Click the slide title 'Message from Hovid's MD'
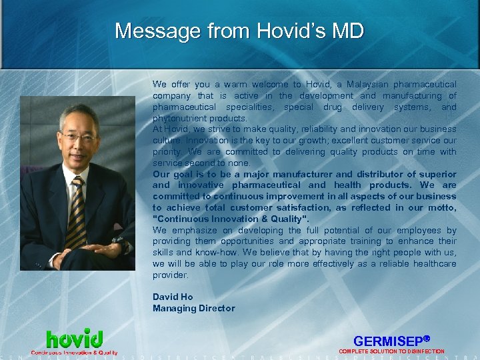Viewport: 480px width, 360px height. pyautogui.click(x=239, y=31)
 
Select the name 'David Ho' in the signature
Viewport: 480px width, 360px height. pyautogui.click(x=173, y=297)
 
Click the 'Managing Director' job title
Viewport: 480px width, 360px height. pyautogui.click(x=193, y=308)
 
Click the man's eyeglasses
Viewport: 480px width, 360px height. pyautogui.click(x=78, y=139)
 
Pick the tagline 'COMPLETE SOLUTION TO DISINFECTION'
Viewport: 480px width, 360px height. pyautogui.click(x=391, y=351)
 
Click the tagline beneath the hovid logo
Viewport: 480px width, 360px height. pyautogui.click(x=74, y=352)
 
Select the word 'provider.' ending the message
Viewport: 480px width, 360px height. pyautogui.click(x=171, y=275)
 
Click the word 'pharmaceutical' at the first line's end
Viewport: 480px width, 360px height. pyautogui.click(x=425, y=85)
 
